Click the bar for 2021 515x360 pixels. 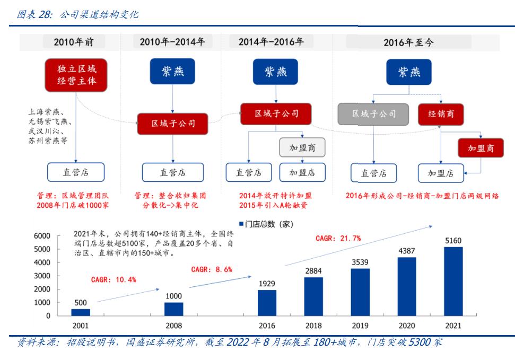pyautogui.click(x=453, y=281)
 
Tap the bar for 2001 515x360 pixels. pyautogui.click(x=81, y=312)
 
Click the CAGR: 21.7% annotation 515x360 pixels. pyautogui.click(x=338, y=239)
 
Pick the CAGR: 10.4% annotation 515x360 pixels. pyautogui.click(x=114, y=279)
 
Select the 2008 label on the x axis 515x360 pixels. pyautogui.click(x=173, y=326)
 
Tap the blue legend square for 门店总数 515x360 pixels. pyautogui.click(x=241, y=224)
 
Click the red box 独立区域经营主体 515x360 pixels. pyautogui.click(x=75, y=75)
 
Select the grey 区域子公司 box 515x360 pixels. pyautogui.click(x=373, y=114)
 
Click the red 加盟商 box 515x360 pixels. pyautogui.click(x=481, y=148)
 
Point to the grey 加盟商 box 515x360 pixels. pyautogui.click(x=302, y=148)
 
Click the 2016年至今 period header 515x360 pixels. pyautogui.click(x=408, y=42)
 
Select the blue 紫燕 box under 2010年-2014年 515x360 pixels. pyautogui.click(x=173, y=72)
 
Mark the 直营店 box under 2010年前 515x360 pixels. pyautogui.click(x=75, y=172)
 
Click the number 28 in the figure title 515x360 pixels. pyautogui.click(x=45, y=14)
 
